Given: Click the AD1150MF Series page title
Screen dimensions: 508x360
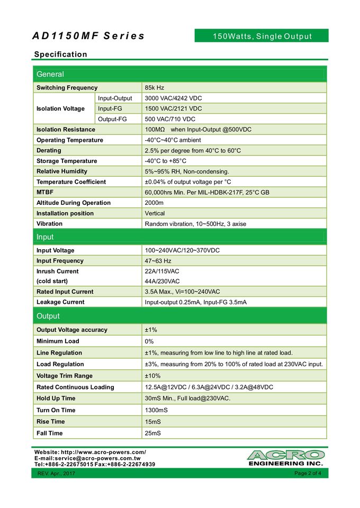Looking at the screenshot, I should pos(88,36).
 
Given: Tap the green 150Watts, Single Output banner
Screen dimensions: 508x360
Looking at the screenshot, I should pos(262,36).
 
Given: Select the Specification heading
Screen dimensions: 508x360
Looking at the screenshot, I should pos(60,55).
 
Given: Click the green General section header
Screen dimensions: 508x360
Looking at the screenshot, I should pos(50,75).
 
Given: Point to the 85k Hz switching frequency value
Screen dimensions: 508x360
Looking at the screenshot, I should pos(155,88).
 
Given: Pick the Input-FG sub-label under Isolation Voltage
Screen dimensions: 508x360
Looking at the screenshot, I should pos(110,108).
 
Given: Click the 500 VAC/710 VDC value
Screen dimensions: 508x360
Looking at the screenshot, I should pos(170,119).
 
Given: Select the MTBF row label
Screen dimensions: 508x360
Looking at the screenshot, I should pos(45,192).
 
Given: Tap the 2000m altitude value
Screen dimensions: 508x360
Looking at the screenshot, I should pos(154,203).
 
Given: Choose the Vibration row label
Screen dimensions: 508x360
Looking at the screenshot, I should pos(49,224).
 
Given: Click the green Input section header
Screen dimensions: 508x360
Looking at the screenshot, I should pos(45,237).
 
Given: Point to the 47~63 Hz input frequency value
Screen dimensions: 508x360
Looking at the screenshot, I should pos(158,261).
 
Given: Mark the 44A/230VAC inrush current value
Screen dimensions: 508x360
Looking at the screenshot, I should pos(162,281).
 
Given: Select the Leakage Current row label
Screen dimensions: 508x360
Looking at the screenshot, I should pos(60,302).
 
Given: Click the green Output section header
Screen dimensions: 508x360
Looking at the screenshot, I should pos(48,316).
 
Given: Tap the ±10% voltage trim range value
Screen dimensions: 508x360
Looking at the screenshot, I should pos(153,376).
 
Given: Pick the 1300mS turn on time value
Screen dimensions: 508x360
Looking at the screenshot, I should pos(156,410).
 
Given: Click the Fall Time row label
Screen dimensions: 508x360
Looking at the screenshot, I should pos(50,433).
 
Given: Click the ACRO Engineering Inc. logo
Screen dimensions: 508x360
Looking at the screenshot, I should pos(285,458).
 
